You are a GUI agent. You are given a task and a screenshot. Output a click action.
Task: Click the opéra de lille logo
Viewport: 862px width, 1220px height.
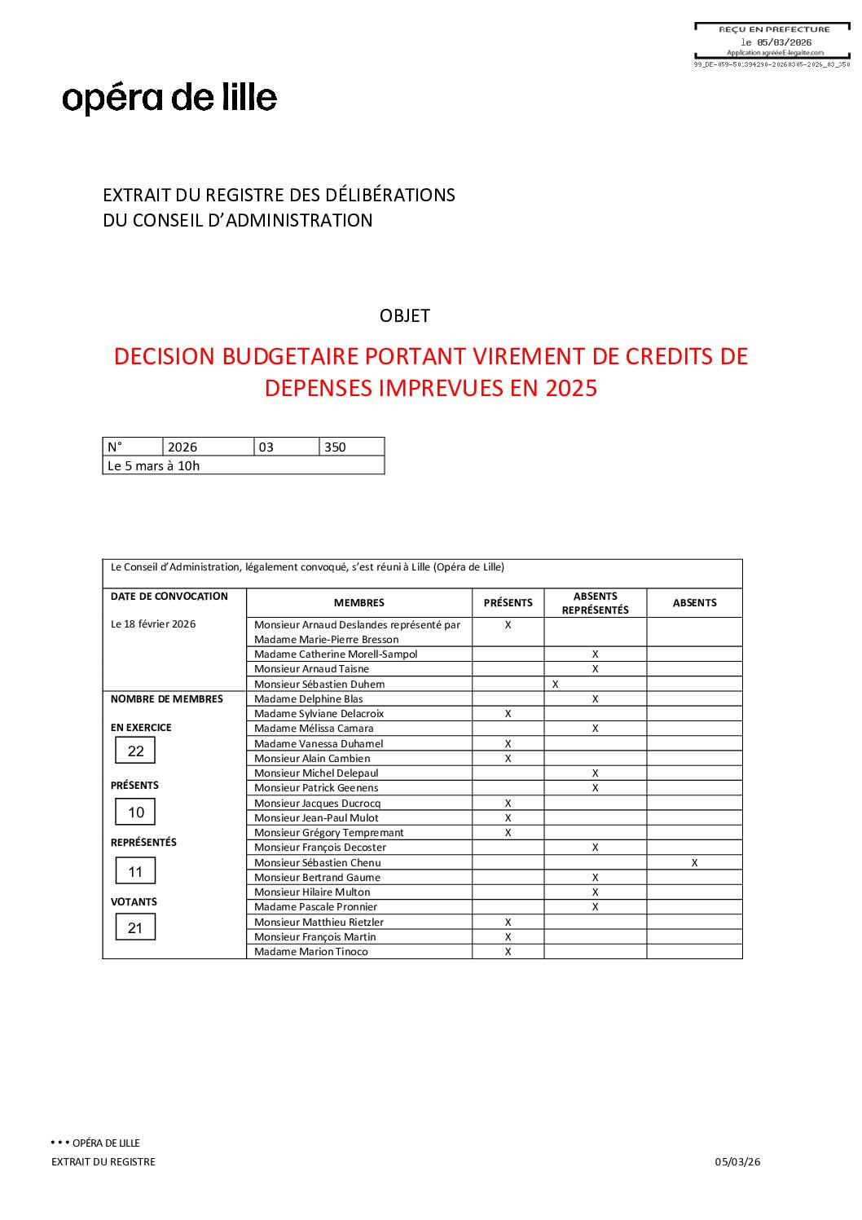pos(169,98)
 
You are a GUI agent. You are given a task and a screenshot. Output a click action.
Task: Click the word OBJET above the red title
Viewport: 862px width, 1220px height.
pos(404,315)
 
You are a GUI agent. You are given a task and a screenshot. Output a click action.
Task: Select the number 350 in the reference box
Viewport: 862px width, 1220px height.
pos(335,447)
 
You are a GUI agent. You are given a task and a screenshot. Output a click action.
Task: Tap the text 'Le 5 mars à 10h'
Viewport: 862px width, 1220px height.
pos(153,465)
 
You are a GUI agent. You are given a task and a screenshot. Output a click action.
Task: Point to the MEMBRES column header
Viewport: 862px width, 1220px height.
pos(358,603)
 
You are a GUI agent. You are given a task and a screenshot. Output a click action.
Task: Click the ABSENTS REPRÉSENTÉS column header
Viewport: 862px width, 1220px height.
pos(595,603)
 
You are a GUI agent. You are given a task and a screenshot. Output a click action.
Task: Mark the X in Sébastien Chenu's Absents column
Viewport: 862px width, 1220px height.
pos(694,862)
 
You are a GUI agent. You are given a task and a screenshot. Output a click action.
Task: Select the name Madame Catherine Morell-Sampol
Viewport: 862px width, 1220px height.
pos(336,654)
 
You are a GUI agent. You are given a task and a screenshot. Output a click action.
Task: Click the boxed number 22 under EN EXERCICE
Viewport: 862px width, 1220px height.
pos(135,751)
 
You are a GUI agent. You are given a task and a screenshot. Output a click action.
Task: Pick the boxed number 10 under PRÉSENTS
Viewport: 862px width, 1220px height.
pos(135,812)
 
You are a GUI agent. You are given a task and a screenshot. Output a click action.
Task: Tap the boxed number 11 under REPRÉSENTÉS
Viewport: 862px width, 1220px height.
pos(135,871)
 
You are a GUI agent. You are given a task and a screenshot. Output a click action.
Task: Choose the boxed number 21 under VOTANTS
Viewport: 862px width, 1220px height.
pos(135,927)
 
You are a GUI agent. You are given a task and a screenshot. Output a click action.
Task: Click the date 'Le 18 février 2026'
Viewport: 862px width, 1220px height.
pos(153,624)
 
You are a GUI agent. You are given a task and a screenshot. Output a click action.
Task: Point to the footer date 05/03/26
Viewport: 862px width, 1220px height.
pos(737,1161)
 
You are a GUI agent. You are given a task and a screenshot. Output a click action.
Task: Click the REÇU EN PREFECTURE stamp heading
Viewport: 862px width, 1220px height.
pos(774,29)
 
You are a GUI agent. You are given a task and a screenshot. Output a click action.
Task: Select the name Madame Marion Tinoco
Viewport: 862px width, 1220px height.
pos(310,951)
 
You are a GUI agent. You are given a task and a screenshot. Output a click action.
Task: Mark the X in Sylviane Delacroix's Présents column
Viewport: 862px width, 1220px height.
pos(508,713)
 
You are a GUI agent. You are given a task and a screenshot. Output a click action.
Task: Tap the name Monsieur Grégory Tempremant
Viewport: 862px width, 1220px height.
pos(328,832)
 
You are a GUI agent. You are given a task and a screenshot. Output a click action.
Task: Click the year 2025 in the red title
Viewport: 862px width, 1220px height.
pos(571,388)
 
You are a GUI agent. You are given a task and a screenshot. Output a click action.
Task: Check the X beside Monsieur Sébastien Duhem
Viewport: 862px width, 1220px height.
pos(555,684)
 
